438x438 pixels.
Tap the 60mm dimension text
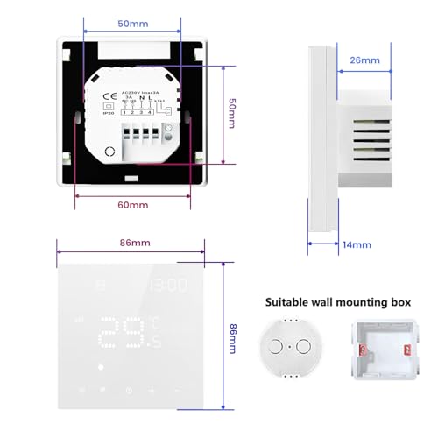pos(132,204)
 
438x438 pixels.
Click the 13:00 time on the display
pos(166,286)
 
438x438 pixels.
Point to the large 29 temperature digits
pos(123,333)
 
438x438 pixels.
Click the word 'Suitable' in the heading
pos(286,302)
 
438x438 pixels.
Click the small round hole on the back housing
pos(109,152)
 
